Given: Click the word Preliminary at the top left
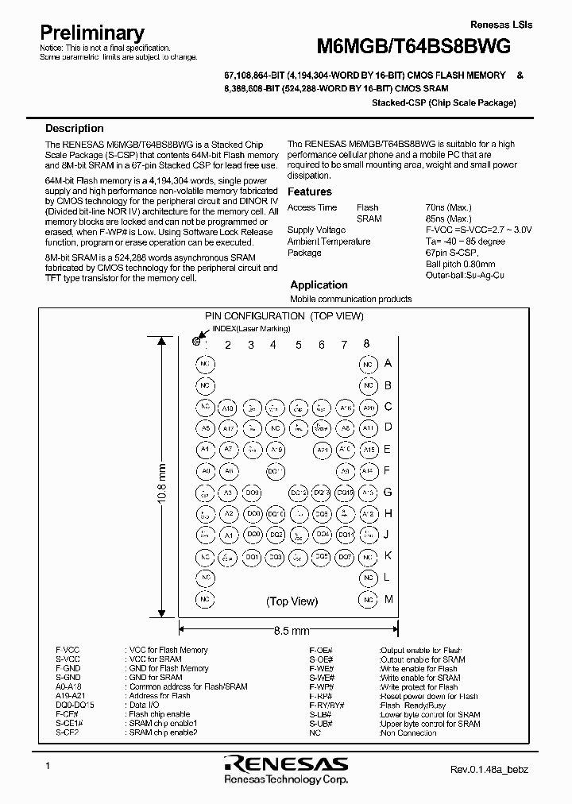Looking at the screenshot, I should coord(92,33).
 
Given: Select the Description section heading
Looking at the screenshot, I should coord(74,128).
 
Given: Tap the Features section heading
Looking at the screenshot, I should coord(309,191).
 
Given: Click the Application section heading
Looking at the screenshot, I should coord(319,284).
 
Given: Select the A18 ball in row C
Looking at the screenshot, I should coord(228,408).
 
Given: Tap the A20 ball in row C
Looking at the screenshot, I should coord(368,408).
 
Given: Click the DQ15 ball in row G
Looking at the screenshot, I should coord(345,493).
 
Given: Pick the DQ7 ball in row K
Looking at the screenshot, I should coord(345,557).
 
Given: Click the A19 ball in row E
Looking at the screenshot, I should coord(276,450).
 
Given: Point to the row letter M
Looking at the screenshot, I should coord(388,599).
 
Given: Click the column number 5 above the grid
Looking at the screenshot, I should coord(299,344).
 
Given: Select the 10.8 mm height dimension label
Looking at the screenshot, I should coord(162,478).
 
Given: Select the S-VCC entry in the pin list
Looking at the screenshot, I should coord(67,659).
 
